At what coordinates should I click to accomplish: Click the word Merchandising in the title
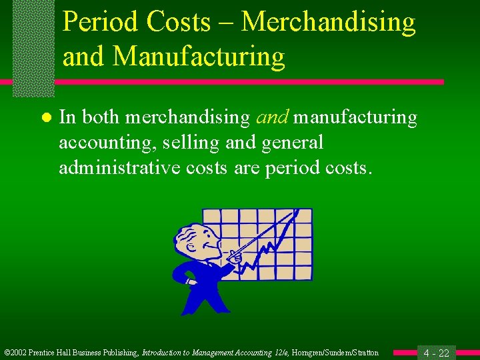[328, 22]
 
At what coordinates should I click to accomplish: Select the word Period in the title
[101, 22]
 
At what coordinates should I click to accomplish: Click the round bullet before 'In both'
[45, 119]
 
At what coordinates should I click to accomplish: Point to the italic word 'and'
[272, 118]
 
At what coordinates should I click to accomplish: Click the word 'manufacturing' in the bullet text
[355, 118]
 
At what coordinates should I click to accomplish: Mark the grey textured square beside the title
[33, 47]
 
